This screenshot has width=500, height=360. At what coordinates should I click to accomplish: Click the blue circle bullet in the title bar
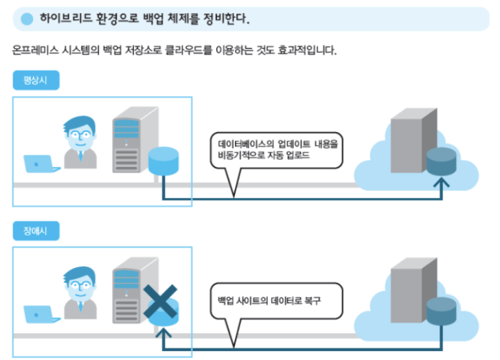tap(27, 19)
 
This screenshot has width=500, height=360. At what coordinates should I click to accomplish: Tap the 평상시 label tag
tap(36, 80)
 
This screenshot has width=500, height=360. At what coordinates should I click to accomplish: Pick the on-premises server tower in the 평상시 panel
tap(133, 140)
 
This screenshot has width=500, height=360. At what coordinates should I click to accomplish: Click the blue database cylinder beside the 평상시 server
tap(164, 161)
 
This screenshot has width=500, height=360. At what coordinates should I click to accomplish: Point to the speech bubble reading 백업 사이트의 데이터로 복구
tap(275, 302)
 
